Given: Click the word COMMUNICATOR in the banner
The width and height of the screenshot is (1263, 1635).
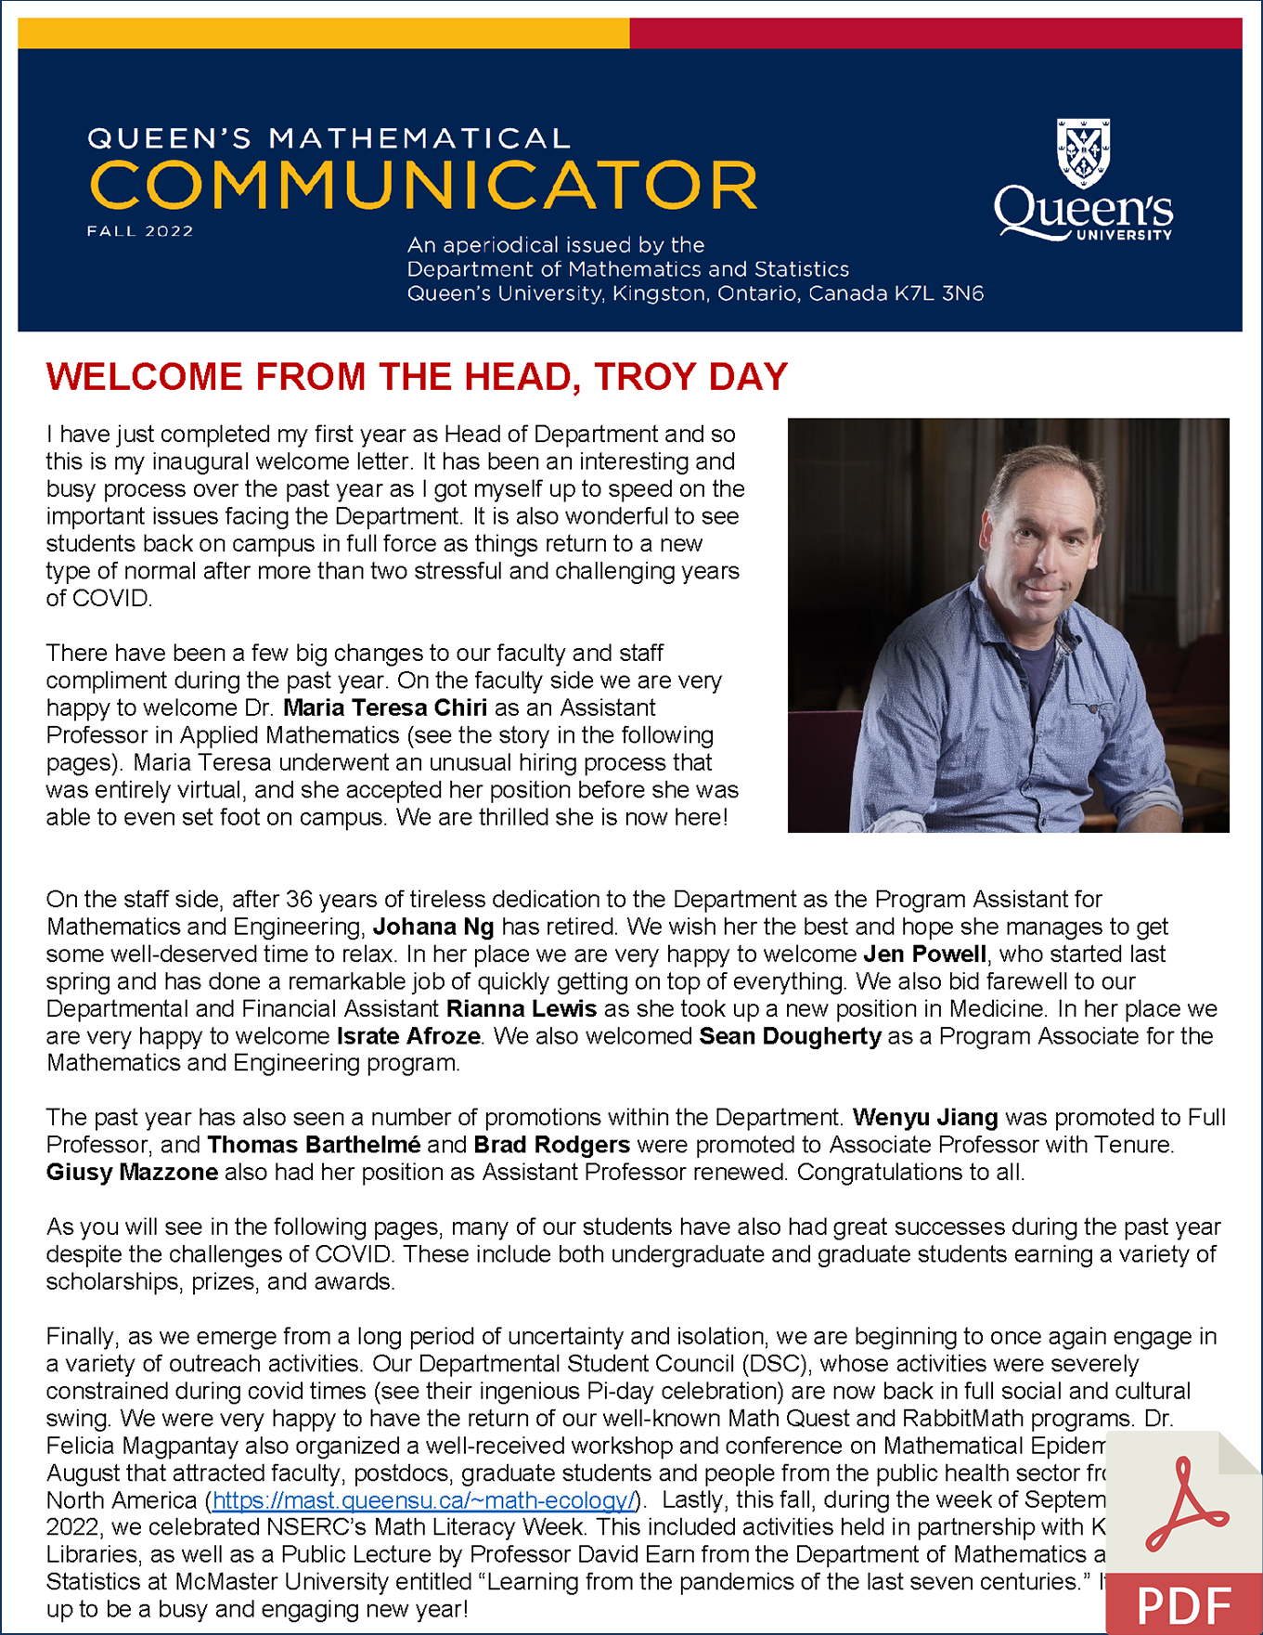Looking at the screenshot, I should pyautogui.click(x=423, y=185).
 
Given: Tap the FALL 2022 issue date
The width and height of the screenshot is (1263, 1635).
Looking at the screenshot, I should pyautogui.click(x=140, y=231).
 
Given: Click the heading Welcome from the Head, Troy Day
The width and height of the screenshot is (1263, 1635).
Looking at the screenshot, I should pyautogui.click(x=417, y=377).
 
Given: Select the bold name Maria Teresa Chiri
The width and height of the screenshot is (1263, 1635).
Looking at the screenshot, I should pyautogui.click(x=385, y=708).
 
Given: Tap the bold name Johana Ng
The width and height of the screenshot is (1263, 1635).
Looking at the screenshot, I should pyautogui.click(x=433, y=928).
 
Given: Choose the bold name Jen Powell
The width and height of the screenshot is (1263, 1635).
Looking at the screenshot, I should pyautogui.click(x=924, y=954).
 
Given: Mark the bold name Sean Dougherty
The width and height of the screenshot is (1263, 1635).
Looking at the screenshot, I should pyautogui.click(x=790, y=1036).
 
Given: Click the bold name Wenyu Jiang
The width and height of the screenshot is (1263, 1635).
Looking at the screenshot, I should pyautogui.click(x=925, y=1118).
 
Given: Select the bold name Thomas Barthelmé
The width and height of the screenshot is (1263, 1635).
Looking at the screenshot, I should pyautogui.click(x=314, y=1145).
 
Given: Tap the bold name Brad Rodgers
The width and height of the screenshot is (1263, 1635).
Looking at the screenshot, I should pyautogui.click(x=551, y=1145).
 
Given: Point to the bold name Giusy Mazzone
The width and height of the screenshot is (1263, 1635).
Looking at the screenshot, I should pyautogui.click(x=133, y=1173).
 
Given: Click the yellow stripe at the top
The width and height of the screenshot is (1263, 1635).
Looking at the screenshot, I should pyautogui.click(x=323, y=33).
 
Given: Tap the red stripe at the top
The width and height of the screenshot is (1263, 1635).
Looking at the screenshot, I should pyautogui.click(x=935, y=33).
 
